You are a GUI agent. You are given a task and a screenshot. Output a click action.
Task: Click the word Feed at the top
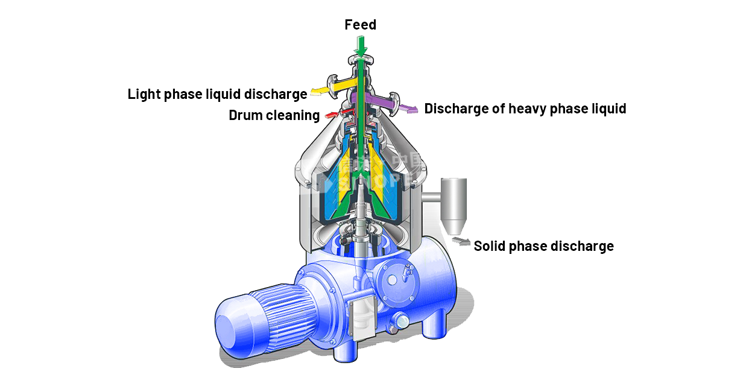[x=360, y=25]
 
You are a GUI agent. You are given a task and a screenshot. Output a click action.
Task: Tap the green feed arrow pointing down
[x=361, y=45]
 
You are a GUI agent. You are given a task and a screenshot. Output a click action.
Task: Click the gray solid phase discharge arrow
[x=463, y=242]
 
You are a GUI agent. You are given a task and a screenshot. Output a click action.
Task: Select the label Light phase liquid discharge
[x=217, y=95]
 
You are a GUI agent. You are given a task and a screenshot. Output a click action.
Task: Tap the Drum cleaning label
[x=274, y=115]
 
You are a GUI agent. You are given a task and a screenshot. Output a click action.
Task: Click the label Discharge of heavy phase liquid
[x=525, y=109]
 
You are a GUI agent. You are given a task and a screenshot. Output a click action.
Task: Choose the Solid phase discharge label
[x=543, y=246]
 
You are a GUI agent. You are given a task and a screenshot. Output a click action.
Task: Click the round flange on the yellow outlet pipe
[x=332, y=83]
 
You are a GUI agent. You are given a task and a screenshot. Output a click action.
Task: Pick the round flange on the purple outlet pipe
[x=394, y=103]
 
